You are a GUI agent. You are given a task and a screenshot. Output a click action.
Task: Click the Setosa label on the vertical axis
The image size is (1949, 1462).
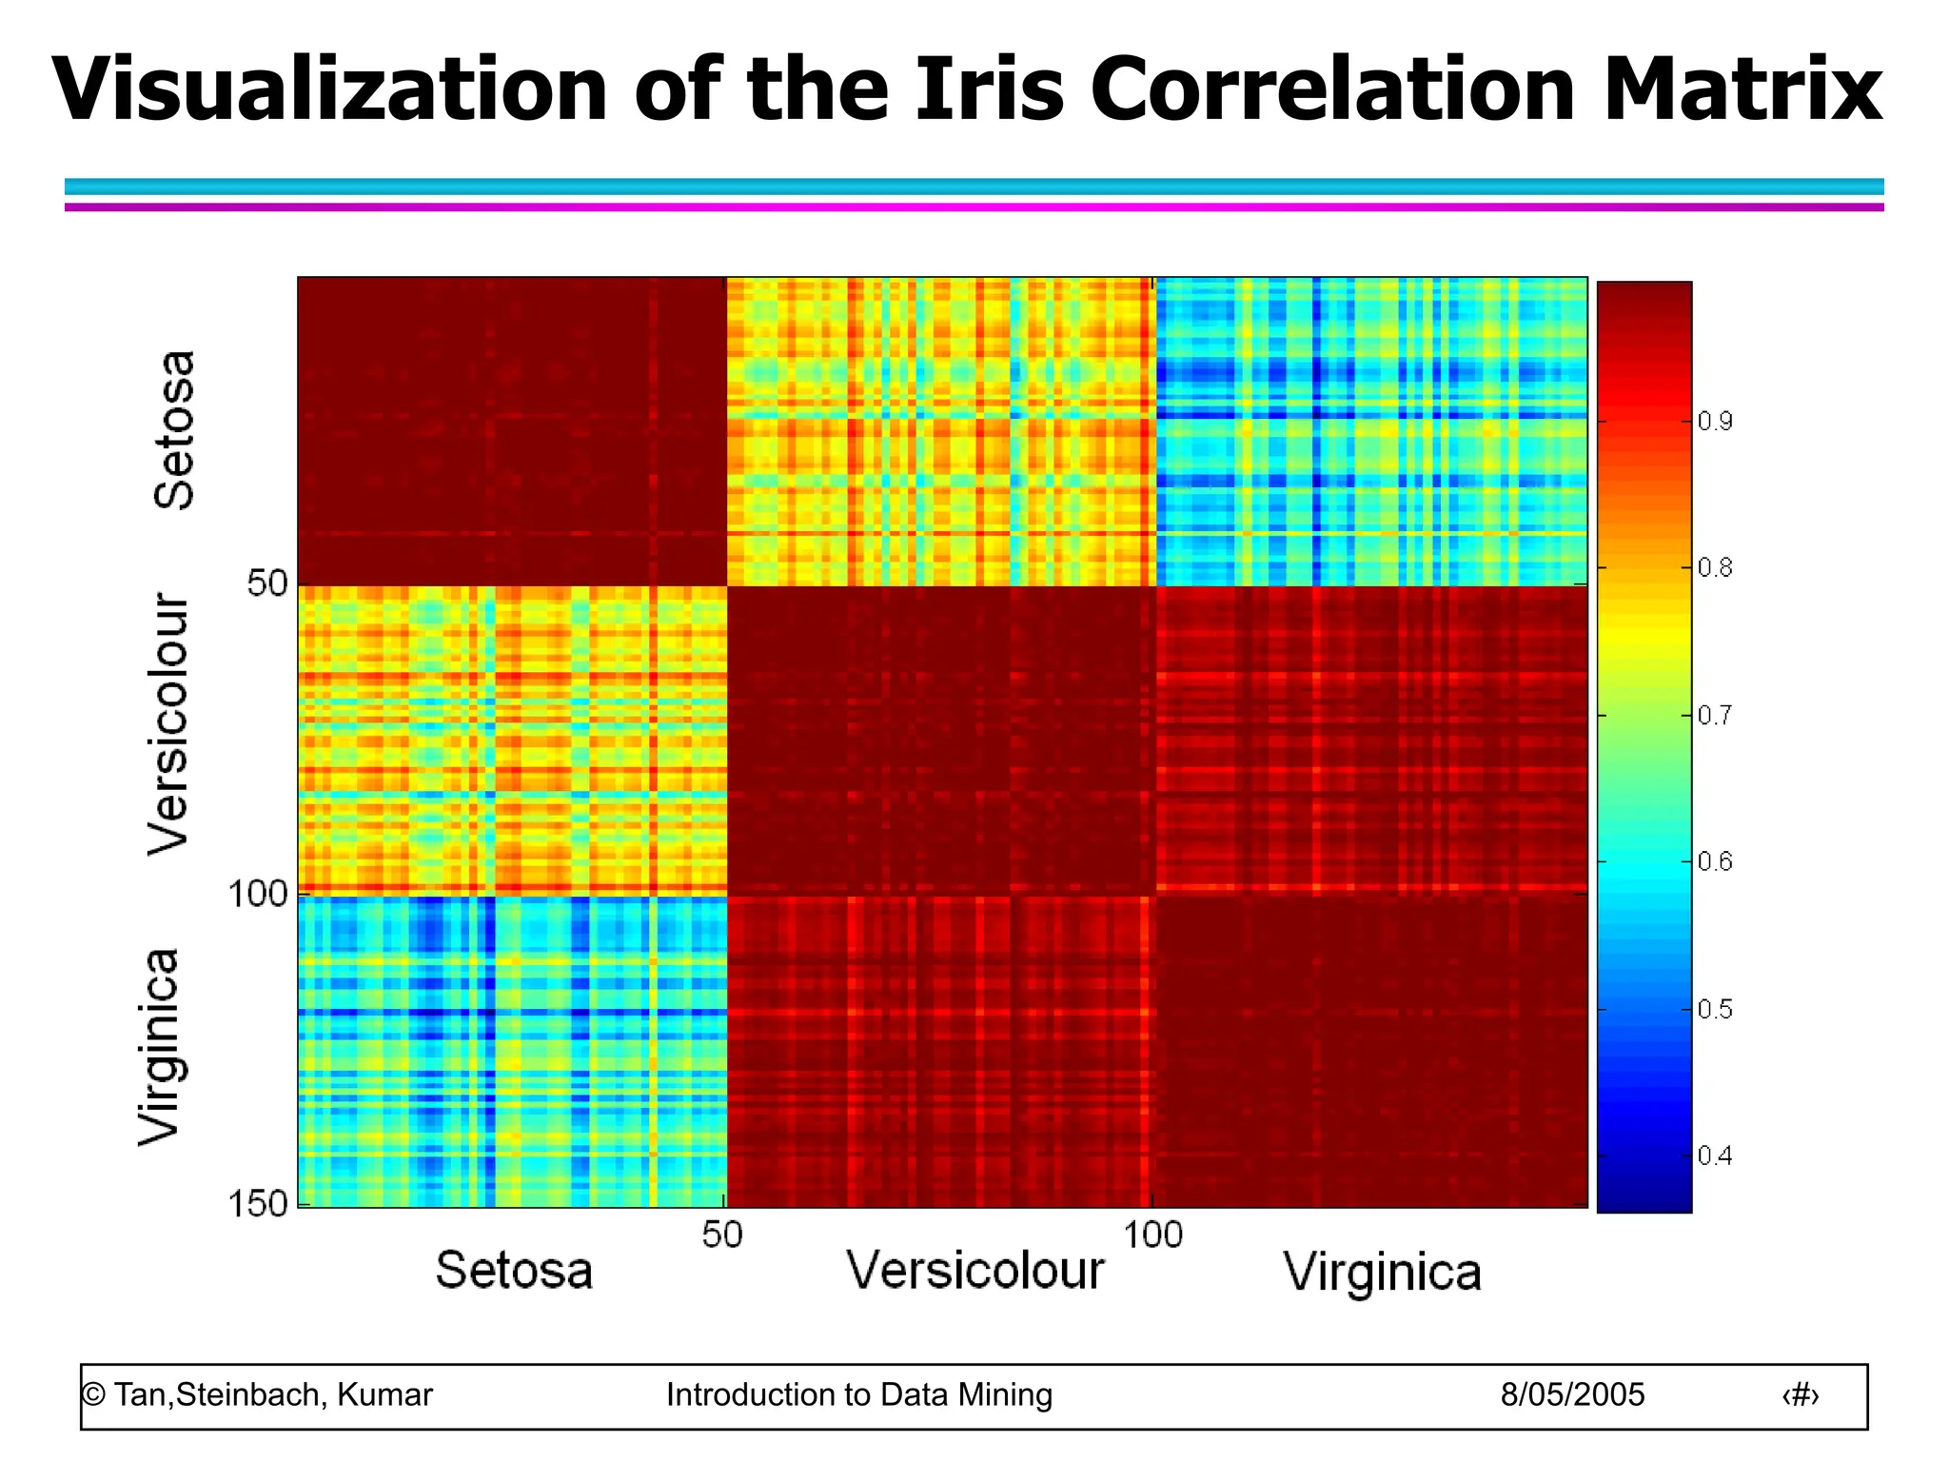coord(174,430)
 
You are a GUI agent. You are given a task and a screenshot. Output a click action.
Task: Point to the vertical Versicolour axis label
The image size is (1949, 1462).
coord(170,725)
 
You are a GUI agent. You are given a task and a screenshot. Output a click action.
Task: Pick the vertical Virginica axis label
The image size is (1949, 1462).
coord(159,1047)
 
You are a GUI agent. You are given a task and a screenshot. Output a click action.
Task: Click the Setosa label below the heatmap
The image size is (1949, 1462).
coord(514,1271)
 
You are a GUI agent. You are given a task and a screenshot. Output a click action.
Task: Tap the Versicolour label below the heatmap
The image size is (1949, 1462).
coord(975,1271)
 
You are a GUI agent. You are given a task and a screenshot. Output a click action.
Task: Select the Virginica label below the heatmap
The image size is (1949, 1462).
coord(1382,1273)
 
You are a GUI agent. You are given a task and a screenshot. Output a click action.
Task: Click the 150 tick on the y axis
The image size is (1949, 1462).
coord(257,1204)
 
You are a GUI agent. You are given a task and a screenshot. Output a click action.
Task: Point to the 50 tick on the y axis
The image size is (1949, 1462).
coord(266,583)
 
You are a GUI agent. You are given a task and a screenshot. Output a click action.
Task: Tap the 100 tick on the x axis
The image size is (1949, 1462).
coord(1152,1235)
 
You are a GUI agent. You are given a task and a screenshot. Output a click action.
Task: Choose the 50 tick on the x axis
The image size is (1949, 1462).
coord(721,1235)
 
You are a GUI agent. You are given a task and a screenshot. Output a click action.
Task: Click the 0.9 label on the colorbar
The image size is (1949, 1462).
coord(1715,421)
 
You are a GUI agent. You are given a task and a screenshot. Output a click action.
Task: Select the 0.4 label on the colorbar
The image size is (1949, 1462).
coord(1715,1156)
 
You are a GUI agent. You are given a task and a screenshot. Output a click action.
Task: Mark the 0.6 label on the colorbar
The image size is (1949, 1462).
coord(1715,862)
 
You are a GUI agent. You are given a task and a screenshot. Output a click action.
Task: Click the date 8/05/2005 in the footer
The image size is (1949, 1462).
coord(1572,1395)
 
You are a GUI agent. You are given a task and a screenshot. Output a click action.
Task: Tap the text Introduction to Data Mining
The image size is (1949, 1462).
coord(858,1395)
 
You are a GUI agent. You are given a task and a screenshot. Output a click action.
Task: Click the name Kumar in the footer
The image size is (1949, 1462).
coord(384,1395)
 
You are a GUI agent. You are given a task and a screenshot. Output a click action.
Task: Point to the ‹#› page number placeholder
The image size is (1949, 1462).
coord(1800,1395)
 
